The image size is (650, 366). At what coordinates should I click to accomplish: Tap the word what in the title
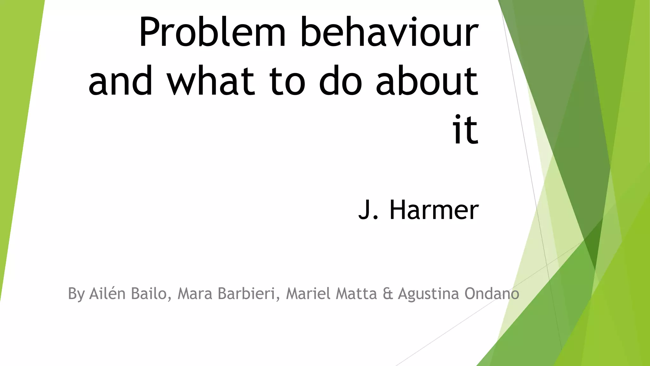tap(211, 81)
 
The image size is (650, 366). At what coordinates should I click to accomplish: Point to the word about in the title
tap(427, 81)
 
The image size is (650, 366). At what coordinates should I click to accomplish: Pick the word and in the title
tap(121, 81)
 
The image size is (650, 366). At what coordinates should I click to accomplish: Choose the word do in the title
tap(340, 81)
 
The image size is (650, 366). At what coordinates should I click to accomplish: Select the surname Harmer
tap(434, 210)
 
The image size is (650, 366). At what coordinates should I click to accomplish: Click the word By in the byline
tap(76, 294)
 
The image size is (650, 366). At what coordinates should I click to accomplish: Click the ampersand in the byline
tap(388, 294)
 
